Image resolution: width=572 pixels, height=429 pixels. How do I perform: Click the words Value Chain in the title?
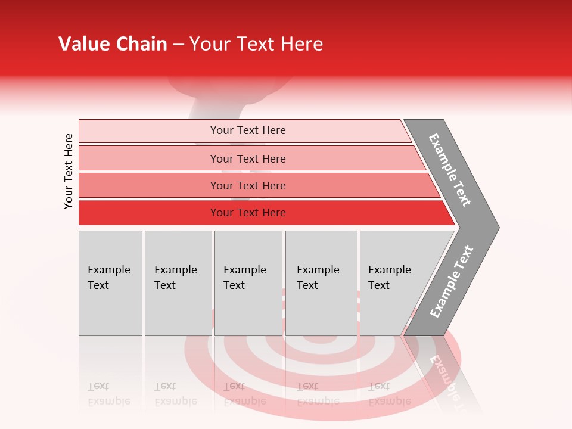click(x=113, y=44)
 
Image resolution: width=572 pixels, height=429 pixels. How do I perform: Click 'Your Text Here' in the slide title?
click(x=256, y=44)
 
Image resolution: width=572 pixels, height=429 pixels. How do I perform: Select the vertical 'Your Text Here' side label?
click(x=69, y=171)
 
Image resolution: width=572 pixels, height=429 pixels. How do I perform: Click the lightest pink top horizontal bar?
click(x=149, y=131)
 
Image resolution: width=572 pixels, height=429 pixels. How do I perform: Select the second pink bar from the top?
click(x=149, y=158)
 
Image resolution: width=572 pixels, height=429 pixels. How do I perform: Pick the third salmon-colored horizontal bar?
click(x=149, y=185)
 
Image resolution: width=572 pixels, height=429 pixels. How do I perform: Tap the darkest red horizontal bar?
click(x=149, y=213)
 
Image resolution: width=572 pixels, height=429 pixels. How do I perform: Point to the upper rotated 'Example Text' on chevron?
click(x=450, y=170)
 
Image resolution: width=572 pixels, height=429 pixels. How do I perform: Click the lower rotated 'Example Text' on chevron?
click(x=452, y=281)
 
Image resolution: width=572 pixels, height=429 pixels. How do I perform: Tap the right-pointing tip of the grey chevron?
click(x=496, y=227)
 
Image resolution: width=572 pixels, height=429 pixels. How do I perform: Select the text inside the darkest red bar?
click(x=248, y=213)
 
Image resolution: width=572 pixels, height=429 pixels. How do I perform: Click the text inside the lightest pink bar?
click(x=248, y=130)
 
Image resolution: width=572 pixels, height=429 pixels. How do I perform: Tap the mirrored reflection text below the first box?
click(x=109, y=394)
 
